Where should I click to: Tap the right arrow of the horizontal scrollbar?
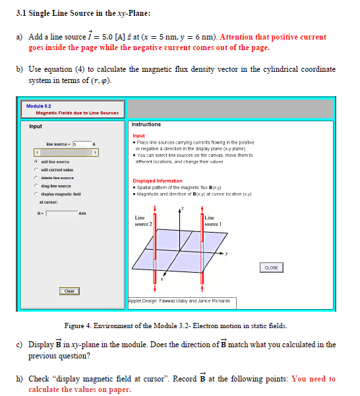(95, 152)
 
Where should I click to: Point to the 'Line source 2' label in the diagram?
(144, 221)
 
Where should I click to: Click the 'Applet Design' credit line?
(180, 300)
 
